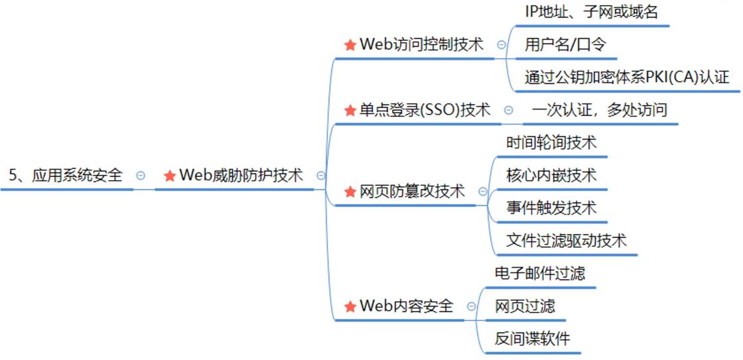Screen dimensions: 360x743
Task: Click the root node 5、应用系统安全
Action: coord(66,175)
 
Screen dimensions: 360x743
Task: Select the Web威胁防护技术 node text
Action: coord(241,175)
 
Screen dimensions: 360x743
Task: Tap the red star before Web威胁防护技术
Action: coord(169,176)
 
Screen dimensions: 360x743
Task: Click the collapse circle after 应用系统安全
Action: coord(141,176)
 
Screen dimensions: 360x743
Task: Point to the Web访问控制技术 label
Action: coord(421,44)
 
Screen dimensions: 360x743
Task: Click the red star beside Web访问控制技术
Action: coord(350,45)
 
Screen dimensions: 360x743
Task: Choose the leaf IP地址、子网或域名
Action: coord(591,12)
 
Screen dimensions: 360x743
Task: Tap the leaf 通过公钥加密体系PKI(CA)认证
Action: coord(627,77)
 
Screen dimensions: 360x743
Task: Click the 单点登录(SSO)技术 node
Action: coord(425,109)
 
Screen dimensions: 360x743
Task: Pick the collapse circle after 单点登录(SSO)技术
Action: coord(508,110)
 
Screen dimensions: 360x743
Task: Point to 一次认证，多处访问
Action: coord(599,109)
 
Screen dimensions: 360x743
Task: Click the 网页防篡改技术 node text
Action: coord(412,192)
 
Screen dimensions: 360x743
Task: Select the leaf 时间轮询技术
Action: coord(551,142)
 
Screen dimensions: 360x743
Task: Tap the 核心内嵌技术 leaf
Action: coord(551,175)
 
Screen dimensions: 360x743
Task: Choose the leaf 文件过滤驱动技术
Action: coord(566,240)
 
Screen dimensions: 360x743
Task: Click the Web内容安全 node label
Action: coord(406,306)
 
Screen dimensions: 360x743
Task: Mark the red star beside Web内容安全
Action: coord(350,306)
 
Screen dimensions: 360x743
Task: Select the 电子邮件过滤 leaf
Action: coord(540,272)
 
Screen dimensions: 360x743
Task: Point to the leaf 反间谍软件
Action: coord(532,338)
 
